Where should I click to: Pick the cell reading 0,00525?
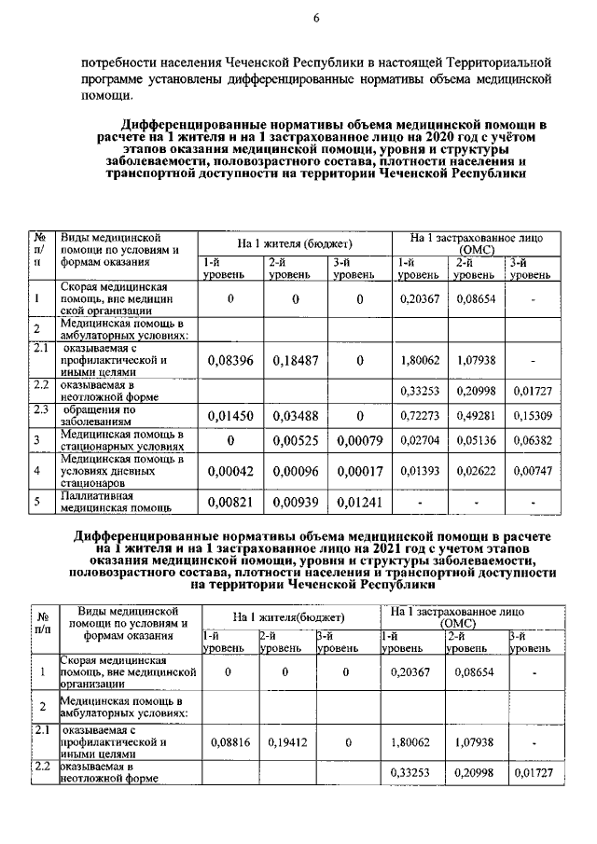click(296, 441)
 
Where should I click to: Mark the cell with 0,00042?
click(230, 472)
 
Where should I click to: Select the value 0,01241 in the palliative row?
click(359, 503)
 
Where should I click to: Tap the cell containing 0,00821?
click(230, 503)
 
